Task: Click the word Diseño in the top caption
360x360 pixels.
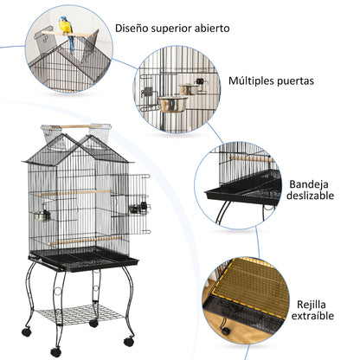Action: coord(133,28)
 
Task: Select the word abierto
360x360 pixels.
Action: coord(212,28)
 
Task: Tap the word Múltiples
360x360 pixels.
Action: coord(249,81)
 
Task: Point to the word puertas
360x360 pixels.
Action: coord(295,81)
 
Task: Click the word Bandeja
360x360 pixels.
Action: coord(308,184)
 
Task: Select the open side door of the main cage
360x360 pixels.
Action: coord(139,197)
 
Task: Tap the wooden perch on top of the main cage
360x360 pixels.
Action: coord(75,128)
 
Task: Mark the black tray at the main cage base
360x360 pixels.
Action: coord(83,258)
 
